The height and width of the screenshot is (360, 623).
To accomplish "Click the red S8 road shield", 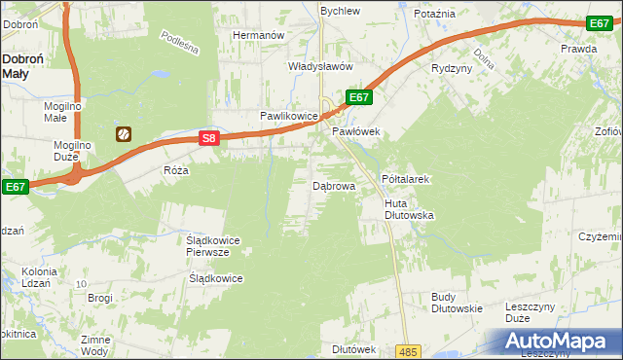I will click(208, 139).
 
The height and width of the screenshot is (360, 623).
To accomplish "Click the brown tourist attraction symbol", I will click(124, 134).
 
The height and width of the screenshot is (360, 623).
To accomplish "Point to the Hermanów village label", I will click(257, 35).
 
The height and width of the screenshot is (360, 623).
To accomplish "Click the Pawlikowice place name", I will click(289, 116).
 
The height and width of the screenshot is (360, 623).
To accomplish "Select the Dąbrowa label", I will click(333, 185).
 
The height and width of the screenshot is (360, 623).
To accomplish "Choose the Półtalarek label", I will click(406, 180).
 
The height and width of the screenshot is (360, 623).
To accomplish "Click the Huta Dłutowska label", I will click(408, 208).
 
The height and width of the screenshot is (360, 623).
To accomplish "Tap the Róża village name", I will click(176, 169).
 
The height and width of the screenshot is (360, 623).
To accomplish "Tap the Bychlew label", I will click(341, 11).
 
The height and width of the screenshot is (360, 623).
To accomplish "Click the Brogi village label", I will click(100, 298).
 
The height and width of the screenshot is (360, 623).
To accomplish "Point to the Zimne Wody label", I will click(95, 345).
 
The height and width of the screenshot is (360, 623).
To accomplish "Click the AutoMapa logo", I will click(561, 342).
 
